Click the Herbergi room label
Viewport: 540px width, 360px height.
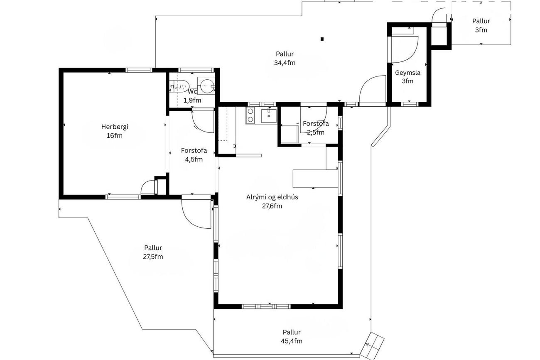point(115,127)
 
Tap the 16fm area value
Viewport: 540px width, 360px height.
point(115,136)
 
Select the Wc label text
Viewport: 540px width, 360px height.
point(192,92)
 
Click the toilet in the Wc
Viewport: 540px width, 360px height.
point(179,86)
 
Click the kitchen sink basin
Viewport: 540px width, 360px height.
point(269,116)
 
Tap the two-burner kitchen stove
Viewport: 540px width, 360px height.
point(250,115)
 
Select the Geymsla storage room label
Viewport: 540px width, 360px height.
point(407,73)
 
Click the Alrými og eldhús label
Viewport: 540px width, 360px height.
point(272,197)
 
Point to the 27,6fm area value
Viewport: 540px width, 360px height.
point(272,206)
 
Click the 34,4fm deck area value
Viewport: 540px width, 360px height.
point(285,63)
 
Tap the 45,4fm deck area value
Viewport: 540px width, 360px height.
point(292,341)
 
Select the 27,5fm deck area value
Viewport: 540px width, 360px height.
point(153,257)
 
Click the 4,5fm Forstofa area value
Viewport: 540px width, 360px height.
point(194,159)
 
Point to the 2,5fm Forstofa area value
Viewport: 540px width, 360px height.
point(316,132)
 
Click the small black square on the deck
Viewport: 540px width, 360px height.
point(322,39)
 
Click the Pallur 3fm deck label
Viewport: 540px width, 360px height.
point(481,26)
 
